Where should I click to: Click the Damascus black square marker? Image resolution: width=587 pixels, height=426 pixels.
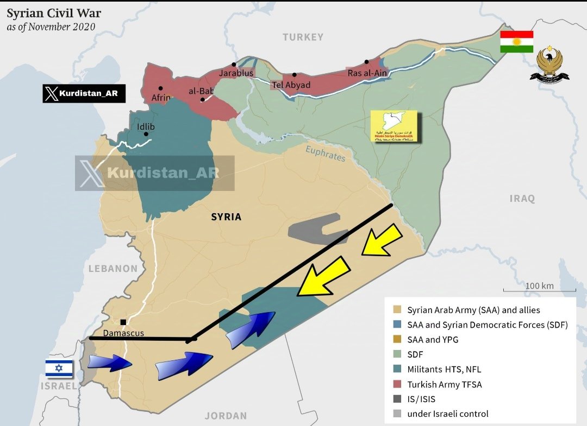(123, 322)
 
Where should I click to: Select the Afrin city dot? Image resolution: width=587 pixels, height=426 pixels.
(160, 88)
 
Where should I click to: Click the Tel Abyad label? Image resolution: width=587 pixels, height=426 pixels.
(291, 85)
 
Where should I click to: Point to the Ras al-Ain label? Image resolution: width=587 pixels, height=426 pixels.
(366, 73)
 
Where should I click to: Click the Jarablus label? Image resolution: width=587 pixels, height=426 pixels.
(236, 73)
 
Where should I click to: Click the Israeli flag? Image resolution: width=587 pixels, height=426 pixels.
(59, 368)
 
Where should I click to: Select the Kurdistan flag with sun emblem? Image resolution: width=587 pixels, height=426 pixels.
(516, 42)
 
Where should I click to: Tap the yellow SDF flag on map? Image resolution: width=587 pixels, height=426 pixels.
(394, 126)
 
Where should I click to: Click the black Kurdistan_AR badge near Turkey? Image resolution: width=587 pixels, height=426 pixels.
(84, 94)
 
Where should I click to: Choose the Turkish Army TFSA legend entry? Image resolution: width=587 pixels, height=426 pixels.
(444, 384)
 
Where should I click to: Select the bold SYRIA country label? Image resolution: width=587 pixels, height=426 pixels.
(226, 217)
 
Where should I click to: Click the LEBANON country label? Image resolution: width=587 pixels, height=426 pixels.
(113, 268)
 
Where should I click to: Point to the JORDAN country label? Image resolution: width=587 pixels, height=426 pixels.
(226, 416)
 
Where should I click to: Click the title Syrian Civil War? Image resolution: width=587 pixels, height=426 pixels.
(53, 13)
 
